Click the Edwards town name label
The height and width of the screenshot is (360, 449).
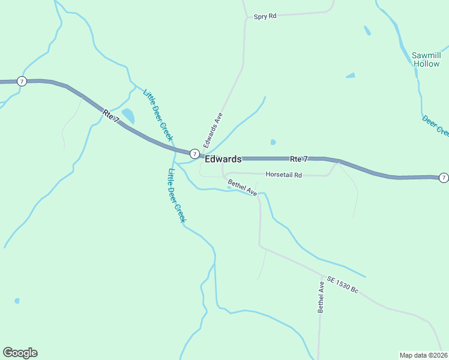(223, 159)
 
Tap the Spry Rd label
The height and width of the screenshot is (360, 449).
(265, 17)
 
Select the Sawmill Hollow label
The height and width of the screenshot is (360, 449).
(426, 59)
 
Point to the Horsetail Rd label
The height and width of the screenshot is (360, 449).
(283, 175)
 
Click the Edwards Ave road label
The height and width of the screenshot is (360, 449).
(213, 130)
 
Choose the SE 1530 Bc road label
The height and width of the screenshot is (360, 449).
(342, 284)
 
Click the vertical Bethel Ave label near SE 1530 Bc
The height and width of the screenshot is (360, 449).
(321, 298)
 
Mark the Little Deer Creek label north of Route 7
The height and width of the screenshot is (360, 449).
(158, 115)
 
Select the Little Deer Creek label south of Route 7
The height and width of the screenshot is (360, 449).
(176, 196)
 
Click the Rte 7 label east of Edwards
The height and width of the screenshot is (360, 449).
(299, 159)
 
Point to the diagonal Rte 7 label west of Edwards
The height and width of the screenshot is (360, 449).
(111, 116)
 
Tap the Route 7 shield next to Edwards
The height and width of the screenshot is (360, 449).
(194, 154)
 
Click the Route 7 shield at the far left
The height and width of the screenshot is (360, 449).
(22, 81)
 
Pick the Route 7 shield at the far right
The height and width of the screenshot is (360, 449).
(443, 177)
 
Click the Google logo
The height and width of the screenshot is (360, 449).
(20, 353)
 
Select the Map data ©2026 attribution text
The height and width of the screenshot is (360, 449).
(423, 355)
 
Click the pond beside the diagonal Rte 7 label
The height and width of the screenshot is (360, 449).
(128, 115)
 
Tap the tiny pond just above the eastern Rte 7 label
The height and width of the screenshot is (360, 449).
(273, 142)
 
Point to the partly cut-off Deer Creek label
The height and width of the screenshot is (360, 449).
(435, 126)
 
